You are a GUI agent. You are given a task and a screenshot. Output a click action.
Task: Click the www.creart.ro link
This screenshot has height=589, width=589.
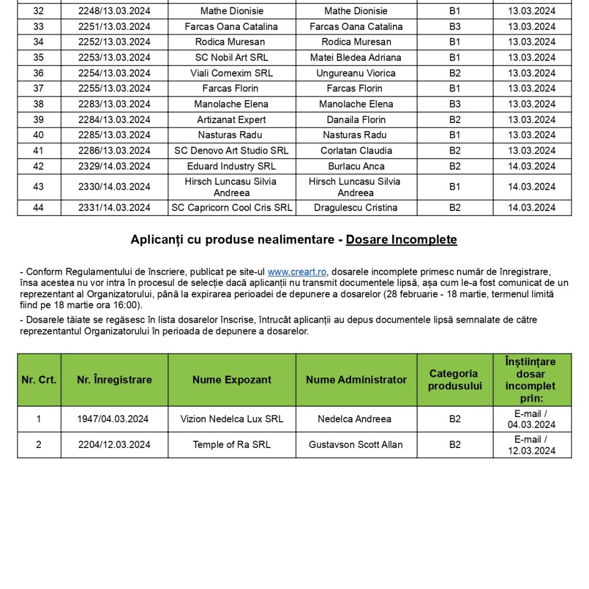[297, 272]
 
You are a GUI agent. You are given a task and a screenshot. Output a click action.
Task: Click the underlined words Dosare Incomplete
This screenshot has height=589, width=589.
[401, 240]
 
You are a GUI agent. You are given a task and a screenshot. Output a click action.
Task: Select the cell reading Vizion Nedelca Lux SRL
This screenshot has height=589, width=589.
[232, 419]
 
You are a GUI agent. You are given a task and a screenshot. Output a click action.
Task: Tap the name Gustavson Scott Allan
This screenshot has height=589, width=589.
[355, 445]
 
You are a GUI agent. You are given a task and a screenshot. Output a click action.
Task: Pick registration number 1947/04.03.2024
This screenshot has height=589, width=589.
[113, 419]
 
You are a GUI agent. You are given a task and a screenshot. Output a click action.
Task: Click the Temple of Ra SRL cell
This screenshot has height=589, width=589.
[232, 445]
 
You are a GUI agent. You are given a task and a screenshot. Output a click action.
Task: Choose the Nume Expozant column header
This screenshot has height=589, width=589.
[232, 380]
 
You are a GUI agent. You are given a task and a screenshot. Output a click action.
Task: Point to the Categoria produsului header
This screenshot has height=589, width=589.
[454, 380]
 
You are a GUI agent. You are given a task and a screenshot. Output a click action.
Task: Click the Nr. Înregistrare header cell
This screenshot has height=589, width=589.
[114, 380]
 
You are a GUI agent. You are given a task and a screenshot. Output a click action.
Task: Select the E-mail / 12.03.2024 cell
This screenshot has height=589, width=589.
[531, 445]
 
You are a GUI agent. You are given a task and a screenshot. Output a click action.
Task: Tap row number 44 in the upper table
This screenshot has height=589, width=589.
[39, 208]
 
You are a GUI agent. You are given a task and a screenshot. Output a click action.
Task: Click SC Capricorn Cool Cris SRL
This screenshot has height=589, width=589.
[232, 208]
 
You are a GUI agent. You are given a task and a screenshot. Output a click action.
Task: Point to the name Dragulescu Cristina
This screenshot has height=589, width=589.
[355, 208]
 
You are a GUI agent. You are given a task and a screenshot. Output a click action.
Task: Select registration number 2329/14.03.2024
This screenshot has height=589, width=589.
[114, 166]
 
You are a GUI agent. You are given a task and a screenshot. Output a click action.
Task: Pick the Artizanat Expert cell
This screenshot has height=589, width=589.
[232, 120]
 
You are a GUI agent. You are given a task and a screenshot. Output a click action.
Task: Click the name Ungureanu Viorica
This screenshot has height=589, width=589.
[355, 73]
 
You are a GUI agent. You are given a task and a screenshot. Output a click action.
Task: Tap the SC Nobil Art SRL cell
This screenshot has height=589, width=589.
[232, 58]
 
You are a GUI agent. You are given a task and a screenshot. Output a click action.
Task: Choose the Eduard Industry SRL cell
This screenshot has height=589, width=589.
[232, 166]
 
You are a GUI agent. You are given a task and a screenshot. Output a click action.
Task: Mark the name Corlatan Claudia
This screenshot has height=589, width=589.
[356, 151]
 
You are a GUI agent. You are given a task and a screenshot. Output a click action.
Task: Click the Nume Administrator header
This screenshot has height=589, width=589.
[356, 380]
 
